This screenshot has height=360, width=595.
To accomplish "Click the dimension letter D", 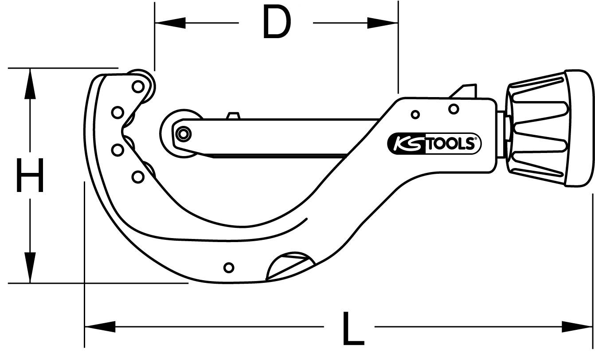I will tap(277, 22).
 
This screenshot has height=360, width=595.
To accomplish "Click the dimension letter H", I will tap(30, 176).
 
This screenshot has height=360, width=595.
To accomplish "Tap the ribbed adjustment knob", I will tap(536, 129).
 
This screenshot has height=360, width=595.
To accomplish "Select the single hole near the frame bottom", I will tap(229, 267).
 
